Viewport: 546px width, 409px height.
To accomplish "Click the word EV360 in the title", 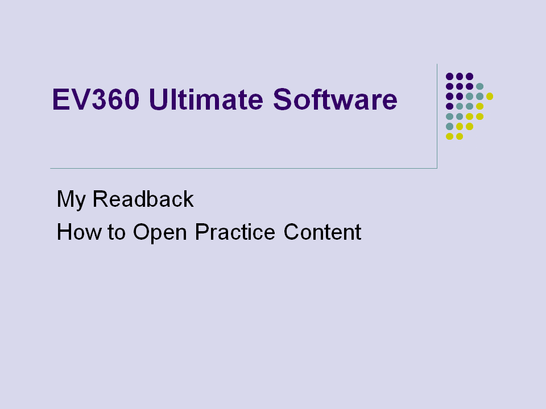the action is click(x=96, y=99).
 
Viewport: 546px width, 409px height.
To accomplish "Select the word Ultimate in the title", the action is click(x=206, y=99).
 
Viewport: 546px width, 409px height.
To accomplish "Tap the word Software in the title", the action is click(x=335, y=99).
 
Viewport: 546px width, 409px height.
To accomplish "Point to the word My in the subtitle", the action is click(x=71, y=200).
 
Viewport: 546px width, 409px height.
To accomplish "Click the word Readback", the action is click(x=143, y=199).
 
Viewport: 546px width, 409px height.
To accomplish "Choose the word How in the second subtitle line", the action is click(x=80, y=232).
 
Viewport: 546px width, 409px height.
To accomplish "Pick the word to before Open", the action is click(x=116, y=232).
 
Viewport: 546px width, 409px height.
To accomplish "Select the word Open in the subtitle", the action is click(x=160, y=233).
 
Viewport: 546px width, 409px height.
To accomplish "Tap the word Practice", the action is click(x=235, y=232).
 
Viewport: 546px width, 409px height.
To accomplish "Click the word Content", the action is click(x=322, y=232).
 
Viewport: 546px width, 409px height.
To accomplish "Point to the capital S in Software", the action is click(x=282, y=99).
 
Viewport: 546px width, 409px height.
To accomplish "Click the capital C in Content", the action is click(x=292, y=232).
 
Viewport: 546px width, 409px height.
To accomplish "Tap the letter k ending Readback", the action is click(x=189, y=199).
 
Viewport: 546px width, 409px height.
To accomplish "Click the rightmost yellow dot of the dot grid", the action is click(x=490, y=97).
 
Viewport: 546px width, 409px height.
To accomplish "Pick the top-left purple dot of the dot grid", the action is click(x=449, y=77).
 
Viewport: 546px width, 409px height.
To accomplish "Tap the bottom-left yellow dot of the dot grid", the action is click(x=449, y=136).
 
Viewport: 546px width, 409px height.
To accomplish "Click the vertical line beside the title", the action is click(x=437, y=116).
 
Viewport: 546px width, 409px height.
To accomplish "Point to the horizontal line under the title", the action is click(x=244, y=168).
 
